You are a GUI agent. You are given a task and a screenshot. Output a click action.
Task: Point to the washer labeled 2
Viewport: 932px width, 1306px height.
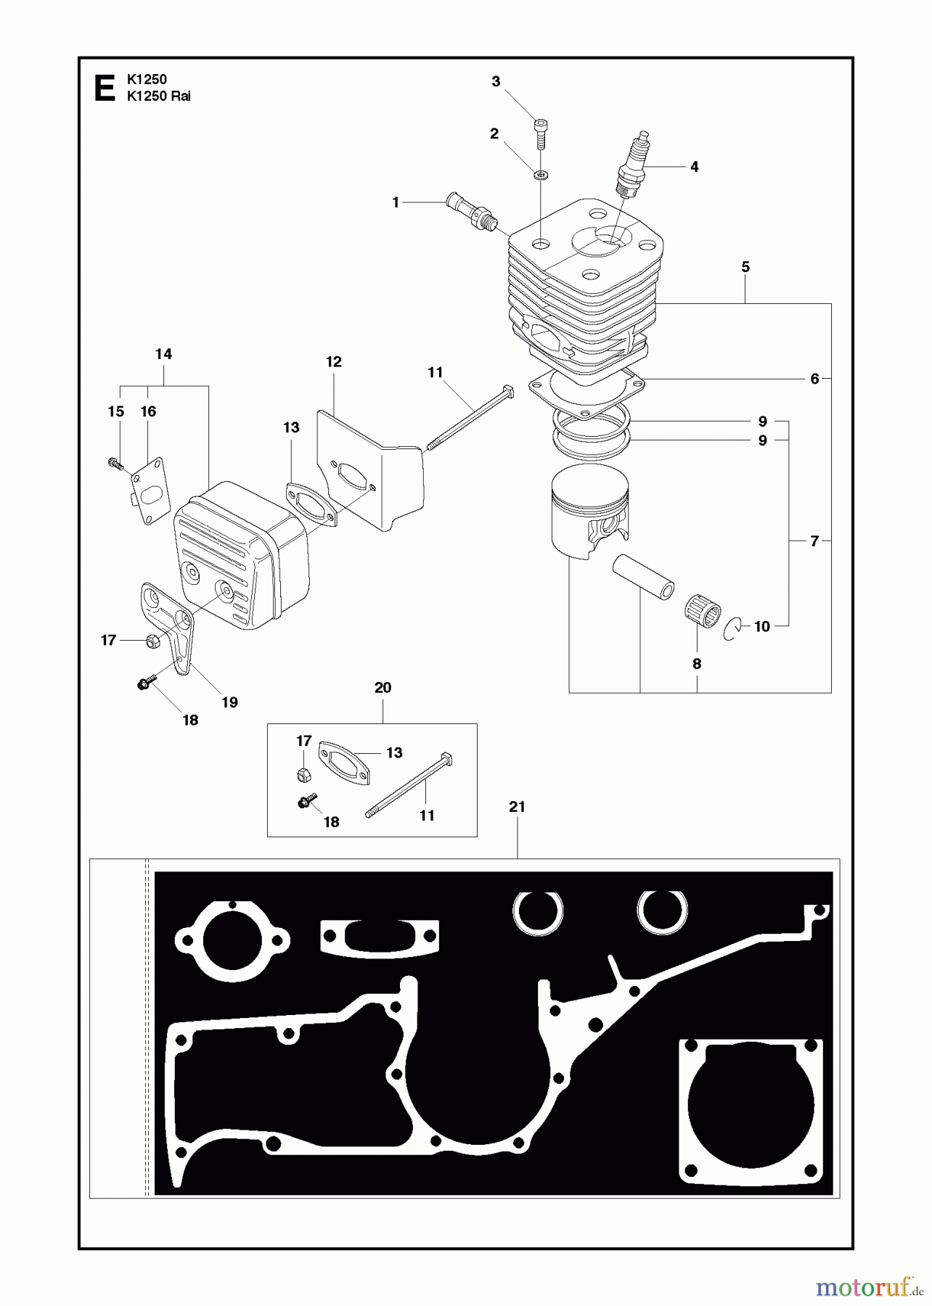541,175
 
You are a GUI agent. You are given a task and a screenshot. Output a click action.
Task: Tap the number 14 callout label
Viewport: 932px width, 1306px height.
163,354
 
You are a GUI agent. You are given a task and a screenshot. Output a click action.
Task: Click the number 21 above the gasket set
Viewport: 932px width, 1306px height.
517,807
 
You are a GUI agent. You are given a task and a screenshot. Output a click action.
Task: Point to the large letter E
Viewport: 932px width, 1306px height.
105,89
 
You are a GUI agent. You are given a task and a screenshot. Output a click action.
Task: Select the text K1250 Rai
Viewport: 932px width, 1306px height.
158,96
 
